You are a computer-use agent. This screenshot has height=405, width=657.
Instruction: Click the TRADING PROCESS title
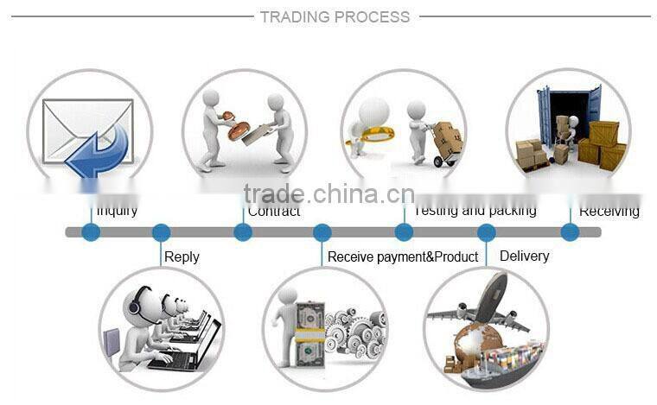point(335,16)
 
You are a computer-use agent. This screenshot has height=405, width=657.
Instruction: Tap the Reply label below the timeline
point(182,256)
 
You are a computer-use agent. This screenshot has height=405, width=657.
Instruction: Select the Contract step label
point(274,212)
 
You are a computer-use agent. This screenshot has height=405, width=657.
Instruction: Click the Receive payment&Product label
point(403,256)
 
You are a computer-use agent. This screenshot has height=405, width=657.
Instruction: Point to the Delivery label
point(524,256)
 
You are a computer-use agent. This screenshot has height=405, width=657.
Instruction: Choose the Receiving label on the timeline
point(609,211)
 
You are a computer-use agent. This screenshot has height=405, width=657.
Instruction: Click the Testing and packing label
point(475,211)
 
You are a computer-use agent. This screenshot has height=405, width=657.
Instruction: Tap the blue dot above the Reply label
point(161,232)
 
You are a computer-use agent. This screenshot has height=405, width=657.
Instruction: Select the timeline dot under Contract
point(243,232)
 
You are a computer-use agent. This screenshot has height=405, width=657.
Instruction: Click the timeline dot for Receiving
point(569,232)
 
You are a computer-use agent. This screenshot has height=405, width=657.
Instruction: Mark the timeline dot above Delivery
point(487,232)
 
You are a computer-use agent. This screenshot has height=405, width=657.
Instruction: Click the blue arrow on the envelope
point(99,150)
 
